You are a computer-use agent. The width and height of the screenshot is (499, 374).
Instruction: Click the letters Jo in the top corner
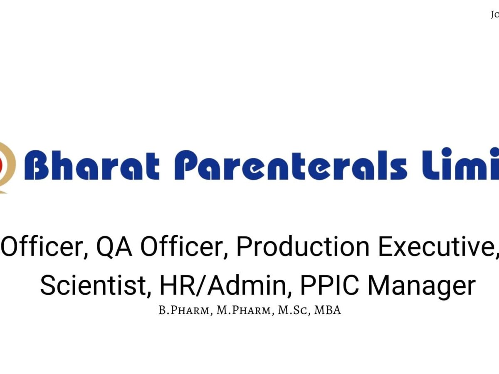coord(494,14)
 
